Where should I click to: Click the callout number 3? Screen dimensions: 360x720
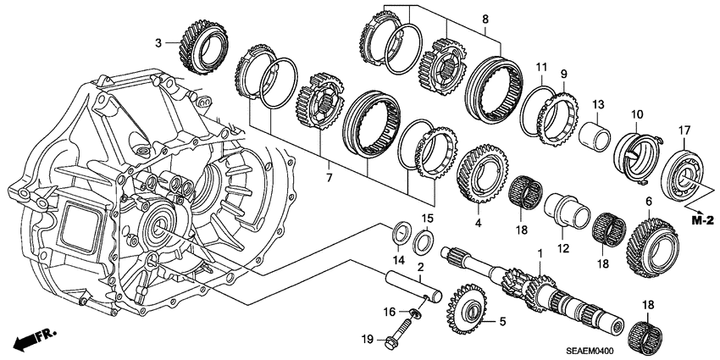158,42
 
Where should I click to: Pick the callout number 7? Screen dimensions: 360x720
329,179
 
